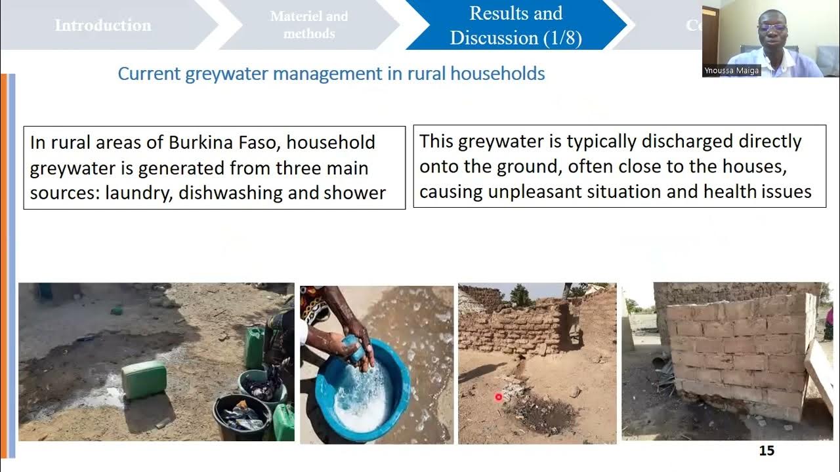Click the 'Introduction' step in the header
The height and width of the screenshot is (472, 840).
[103, 26]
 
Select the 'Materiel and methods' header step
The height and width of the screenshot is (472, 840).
[309, 25]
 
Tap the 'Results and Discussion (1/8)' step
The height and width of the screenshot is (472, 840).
[516, 26]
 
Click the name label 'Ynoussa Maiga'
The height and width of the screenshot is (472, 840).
[732, 70]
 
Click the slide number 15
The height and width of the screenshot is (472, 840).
[766, 450]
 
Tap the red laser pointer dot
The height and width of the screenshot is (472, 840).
[498, 397]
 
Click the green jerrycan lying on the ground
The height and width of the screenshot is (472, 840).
[144, 380]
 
